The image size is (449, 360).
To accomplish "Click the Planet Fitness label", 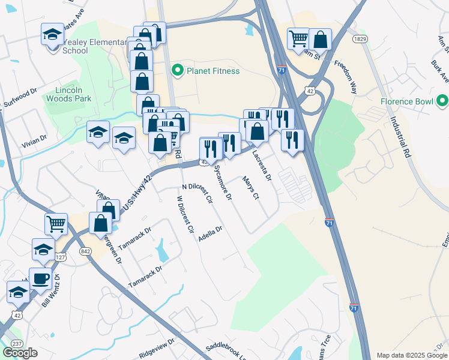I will click(x=213, y=71).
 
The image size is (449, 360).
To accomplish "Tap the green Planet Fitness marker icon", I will click(x=178, y=71).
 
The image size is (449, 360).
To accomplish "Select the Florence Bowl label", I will click(x=406, y=101).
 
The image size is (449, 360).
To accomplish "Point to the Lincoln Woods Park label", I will click(x=68, y=92).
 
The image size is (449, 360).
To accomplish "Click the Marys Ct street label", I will click(x=251, y=188).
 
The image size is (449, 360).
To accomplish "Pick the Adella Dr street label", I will click(x=210, y=233).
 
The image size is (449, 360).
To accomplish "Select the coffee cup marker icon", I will click(x=41, y=278).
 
